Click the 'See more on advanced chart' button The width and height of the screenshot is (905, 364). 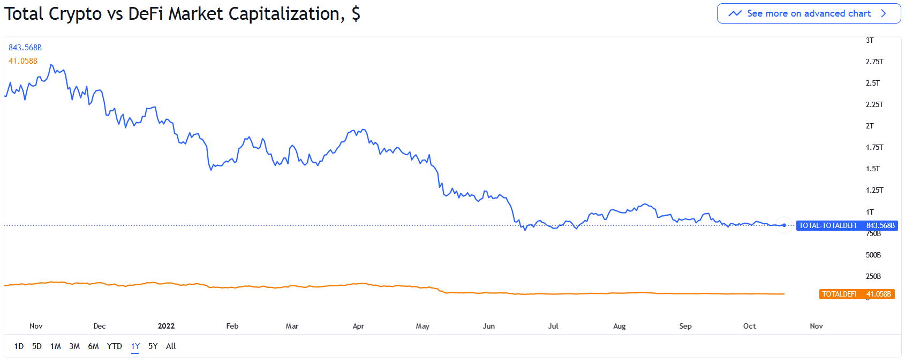point(809,13)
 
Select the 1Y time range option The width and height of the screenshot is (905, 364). point(135,346)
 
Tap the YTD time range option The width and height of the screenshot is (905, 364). point(114,346)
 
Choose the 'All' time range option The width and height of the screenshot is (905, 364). point(171,346)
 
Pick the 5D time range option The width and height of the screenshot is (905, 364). point(36,346)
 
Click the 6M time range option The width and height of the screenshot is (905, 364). point(93,346)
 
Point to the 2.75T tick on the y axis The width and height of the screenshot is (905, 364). point(874,62)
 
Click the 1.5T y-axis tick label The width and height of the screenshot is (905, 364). point(872,169)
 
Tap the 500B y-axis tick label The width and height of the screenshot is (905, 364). point(873,255)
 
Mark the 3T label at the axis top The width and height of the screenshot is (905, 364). point(870,40)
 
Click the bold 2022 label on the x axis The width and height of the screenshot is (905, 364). point(166,326)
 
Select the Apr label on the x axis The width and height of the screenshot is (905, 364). point(358,326)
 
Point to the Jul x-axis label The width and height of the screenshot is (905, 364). point(553,326)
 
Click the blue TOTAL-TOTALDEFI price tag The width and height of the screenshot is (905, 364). point(847,225)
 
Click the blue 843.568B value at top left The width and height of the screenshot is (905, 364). point(25,48)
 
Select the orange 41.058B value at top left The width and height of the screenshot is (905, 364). point(23,61)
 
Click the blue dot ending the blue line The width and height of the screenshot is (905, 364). point(784,225)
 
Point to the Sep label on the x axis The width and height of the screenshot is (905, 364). point(685,326)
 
